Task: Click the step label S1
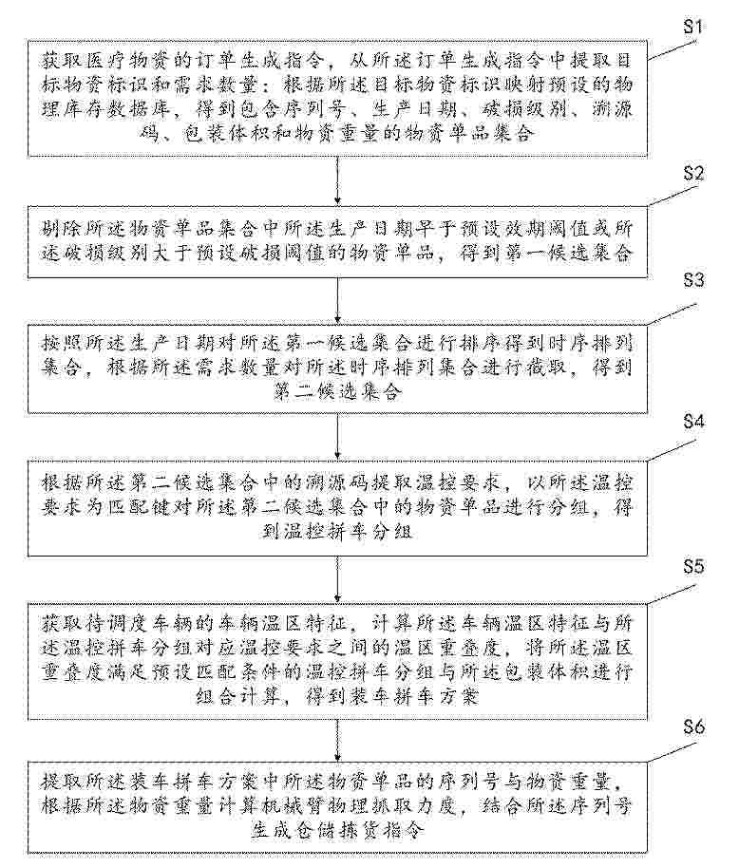693,27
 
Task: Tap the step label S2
693,173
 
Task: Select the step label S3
693,280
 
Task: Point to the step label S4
693,422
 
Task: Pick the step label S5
693,566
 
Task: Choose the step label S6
693,726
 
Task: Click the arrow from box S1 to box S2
337,181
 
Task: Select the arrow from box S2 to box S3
337,301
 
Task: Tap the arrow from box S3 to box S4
337,437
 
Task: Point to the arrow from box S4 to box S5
337,579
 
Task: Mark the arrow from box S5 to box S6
337,741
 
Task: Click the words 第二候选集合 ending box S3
337,392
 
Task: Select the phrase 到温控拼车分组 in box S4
337,532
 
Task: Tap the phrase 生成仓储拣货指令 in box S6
337,830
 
